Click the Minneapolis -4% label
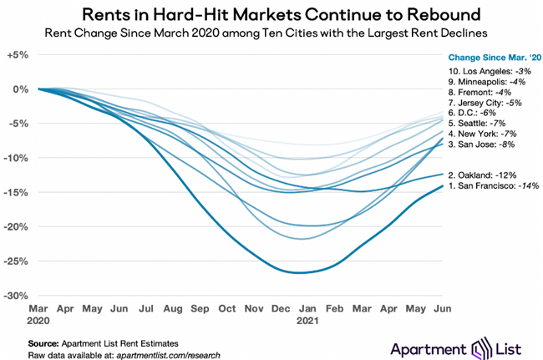click(489, 82)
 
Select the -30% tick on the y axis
click(18, 296)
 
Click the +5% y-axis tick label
click(19, 54)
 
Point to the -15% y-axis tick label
click(18, 192)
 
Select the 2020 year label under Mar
click(38, 320)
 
